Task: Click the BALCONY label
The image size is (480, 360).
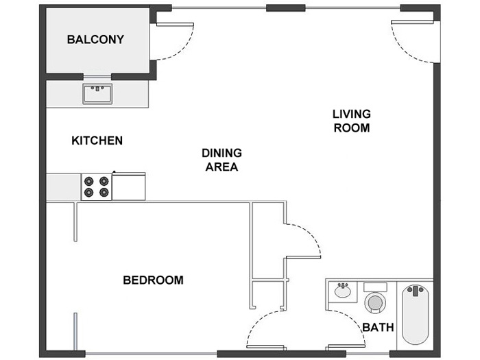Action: (95, 40)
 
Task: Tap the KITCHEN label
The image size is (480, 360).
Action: (97, 141)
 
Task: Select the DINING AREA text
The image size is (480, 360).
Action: (221, 160)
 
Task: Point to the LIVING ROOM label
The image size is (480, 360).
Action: (352, 121)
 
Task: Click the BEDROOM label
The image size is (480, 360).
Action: (153, 280)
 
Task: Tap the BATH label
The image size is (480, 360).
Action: (378, 327)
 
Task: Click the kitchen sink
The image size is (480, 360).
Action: (97, 94)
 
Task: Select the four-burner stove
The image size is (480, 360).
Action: (97, 187)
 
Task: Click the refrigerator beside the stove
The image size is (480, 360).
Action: (129, 187)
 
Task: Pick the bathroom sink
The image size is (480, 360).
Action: (343, 291)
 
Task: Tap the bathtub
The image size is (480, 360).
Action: (415, 315)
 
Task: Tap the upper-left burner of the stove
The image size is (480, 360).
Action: (88, 181)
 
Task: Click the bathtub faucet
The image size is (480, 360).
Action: (415, 291)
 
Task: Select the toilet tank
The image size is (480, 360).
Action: (375, 287)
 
